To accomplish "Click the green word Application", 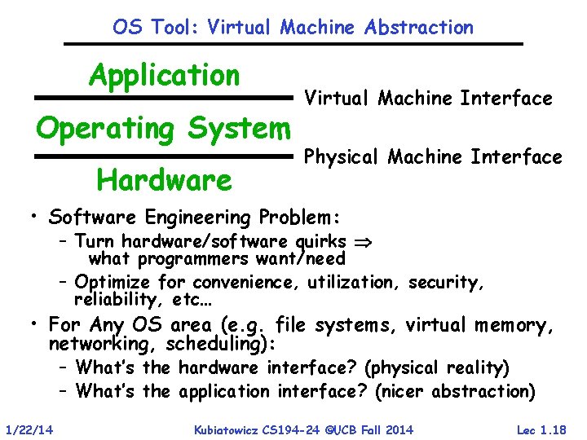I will pyautogui.click(x=165, y=76).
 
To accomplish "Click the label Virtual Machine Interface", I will pyautogui.click(x=428, y=99).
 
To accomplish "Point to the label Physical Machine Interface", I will pyautogui.click(x=433, y=156).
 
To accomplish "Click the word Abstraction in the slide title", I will pyautogui.click(x=419, y=27).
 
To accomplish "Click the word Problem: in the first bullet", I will pyautogui.click(x=309, y=218).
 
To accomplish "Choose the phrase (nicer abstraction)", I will pyautogui.click(x=455, y=391).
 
